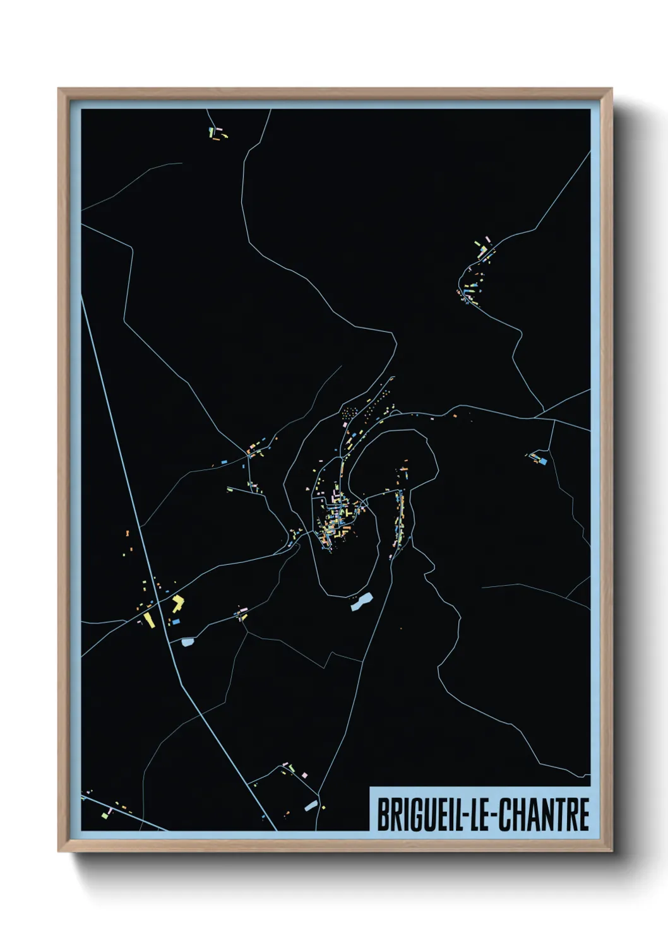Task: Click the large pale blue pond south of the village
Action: coord(362,603)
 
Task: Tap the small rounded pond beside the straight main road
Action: coord(187,642)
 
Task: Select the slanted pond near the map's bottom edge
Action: coord(310,805)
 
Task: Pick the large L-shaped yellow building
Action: coord(177,602)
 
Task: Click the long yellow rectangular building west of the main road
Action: coord(148,619)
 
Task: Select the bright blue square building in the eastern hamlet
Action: coord(542,461)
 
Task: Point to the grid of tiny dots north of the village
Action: coord(349,413)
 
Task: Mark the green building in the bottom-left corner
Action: coord(104,816)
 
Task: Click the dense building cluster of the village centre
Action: coord(338,514)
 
